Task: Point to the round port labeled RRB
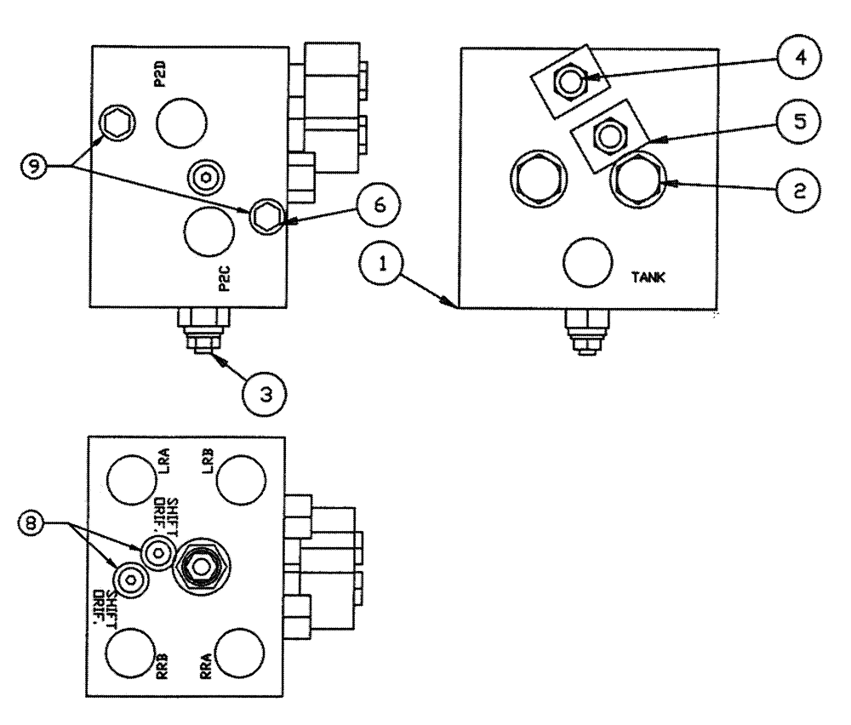click(130, 652)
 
